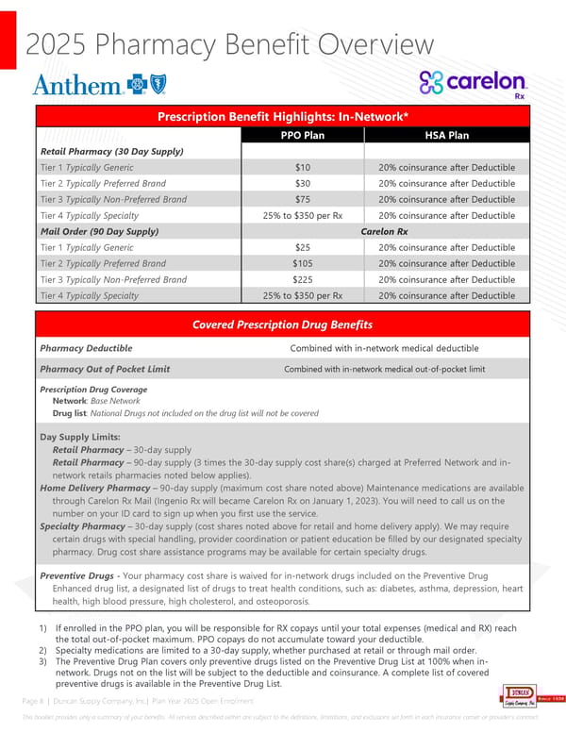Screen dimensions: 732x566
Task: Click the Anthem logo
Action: pyautogui.click(x=91, y=86)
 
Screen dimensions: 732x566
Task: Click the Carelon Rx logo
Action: pyautogui.click(x=474, y=83)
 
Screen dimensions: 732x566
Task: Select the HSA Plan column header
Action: pyautogui.click(x=446, y=135)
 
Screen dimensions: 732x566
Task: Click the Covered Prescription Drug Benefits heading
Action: pyautogui.click(x=283, y=324)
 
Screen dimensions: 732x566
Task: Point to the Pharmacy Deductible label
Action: pyautogui.click(x=86, y=348)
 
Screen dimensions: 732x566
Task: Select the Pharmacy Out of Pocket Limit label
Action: pyautogui.click(x=105, y=369)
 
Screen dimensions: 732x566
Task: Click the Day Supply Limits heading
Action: pyautogui.click(x=79, y=437)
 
